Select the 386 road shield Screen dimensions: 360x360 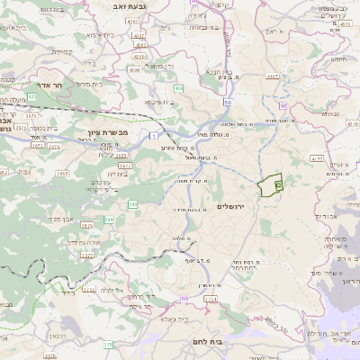pyautogui.click(x=110, y=219)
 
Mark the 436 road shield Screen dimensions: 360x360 pyautogui.click(x=178, y=88)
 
